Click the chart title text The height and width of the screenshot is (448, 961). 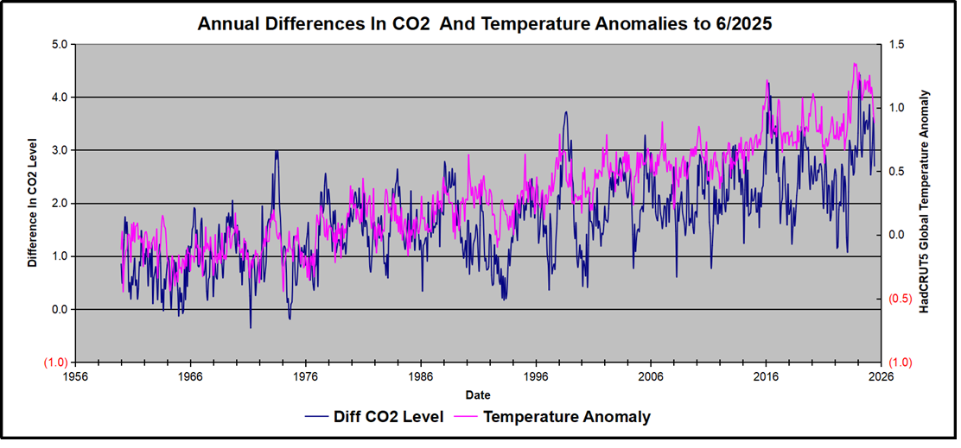tap(484, 23)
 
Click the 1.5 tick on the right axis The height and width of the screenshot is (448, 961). tap(897, 44)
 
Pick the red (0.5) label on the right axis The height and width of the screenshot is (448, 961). tap(899, 299)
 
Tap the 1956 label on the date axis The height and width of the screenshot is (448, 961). tap(75, 376)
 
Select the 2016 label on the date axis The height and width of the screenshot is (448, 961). tap(765, 376)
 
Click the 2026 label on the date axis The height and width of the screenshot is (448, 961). tap(880, 376)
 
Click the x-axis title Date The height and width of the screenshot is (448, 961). tap(477, 394)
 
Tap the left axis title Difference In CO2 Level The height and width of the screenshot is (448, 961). tap(32, 202)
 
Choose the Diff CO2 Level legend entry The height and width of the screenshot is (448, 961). tap(374, 417)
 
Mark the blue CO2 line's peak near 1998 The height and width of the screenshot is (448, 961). tap(566, 111)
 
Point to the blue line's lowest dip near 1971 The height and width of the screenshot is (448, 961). tap(251, 328)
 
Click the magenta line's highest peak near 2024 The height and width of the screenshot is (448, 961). tap(855, 63)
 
